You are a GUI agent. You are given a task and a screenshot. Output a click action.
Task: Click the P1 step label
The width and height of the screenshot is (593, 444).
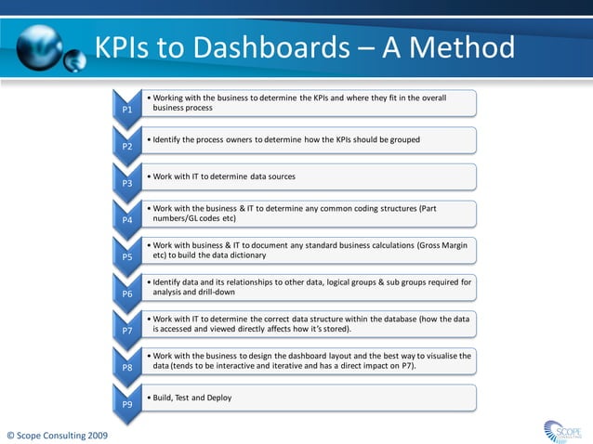[x=127, y=111]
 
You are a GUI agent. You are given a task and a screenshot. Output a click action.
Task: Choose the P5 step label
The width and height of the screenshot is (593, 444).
[x=127, y=257]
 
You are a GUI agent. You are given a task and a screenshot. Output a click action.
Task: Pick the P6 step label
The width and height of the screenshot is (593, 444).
[x=127, y=294]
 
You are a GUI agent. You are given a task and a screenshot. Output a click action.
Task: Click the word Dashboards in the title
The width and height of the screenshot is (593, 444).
[x=249, y=47]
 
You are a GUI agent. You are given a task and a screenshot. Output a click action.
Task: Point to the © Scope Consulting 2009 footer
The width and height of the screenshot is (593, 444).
[x=57, y=435]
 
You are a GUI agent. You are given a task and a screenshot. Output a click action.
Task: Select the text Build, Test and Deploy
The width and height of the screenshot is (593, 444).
[x=192, y=398]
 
